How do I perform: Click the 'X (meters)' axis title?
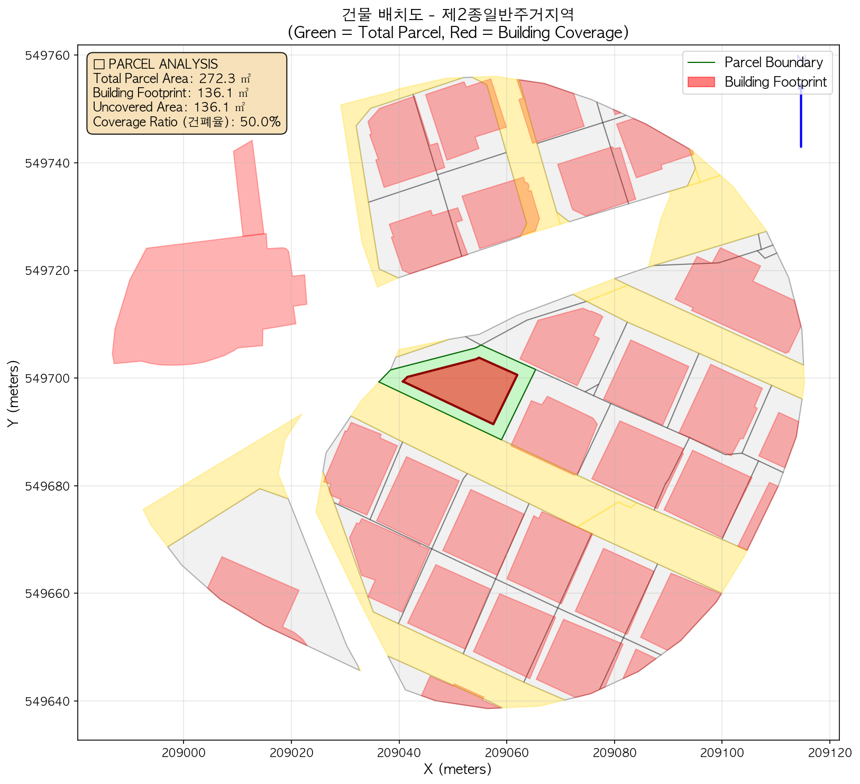pyautogui.click(x=458, y=769)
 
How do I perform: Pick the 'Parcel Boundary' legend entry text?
pyautogui.click(x=773, y=62)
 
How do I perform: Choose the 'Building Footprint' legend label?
pyautogui.click(x=775, y=82)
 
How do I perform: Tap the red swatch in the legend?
pyautogui.click(x=701, y=82)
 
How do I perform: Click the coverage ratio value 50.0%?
pyautogui.click(x=260, y=122)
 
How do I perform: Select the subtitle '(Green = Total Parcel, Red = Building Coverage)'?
pyautogui.click(x=458, y=33)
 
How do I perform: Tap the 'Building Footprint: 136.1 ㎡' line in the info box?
pyautogui.click(x=170, y=93)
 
